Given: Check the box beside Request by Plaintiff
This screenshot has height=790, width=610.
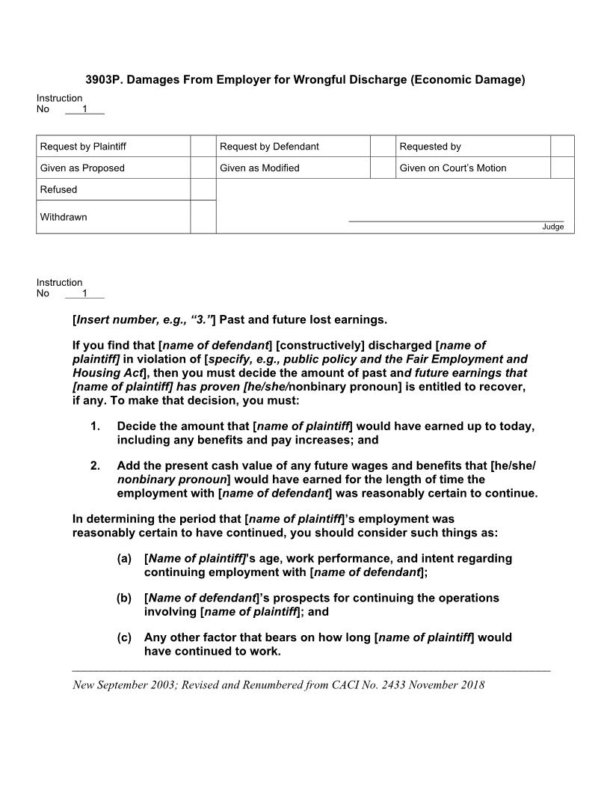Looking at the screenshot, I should click(x=203, y=147).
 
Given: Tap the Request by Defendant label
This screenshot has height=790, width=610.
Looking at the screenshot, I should click(x=269, y=147).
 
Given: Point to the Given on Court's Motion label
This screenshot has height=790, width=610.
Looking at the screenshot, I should click(x=452, y=168).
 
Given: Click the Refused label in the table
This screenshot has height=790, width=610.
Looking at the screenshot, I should click(x=58, y=189).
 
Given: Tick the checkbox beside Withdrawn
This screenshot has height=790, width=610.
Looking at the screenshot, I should click(x=203, y=217).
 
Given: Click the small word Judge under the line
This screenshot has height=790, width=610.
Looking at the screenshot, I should click(x=553, y=227).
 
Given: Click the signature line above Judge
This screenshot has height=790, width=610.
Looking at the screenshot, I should click(x=456, y=221).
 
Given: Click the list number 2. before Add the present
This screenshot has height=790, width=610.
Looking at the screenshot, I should click(x=95, y=465).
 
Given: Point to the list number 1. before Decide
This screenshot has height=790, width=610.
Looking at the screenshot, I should click(x=95, y=426).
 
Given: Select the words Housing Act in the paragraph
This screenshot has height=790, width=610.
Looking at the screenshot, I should click(x=107, y=373).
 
